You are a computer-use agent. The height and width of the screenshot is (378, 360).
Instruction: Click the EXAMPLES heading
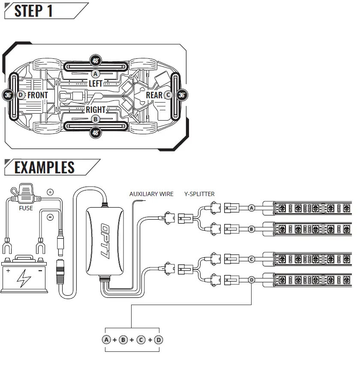(x=44, y=167)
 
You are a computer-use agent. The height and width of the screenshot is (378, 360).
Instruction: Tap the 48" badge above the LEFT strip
(x=96, y=60)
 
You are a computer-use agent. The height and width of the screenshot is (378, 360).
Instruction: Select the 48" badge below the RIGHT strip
(x=96, y=133)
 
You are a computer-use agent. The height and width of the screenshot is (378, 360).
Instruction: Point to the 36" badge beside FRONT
(x=8, y=95)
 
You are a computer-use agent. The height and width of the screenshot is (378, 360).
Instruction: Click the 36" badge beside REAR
(x=182, y=95)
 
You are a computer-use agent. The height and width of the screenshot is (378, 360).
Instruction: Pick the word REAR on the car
(x=154, y=95)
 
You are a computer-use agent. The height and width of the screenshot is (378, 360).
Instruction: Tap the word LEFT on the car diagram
(x=95, y=83)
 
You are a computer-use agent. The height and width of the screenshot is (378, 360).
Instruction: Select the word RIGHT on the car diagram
(x=96, y=110)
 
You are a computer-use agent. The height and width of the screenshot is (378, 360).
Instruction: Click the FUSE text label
(x=26, y=208)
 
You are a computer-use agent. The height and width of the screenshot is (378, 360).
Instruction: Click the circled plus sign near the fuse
(x=50, y=192)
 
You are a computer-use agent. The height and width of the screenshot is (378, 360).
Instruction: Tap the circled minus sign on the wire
(x=50, y=217)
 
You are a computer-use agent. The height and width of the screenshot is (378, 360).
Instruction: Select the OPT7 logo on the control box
(x=105, y=242)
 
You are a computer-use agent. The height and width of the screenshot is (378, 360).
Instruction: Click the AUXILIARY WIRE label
(x=151, y=194)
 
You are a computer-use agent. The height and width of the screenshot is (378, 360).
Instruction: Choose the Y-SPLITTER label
(x=199, y=194)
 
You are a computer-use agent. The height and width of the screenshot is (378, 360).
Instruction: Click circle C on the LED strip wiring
(x=252, y=259)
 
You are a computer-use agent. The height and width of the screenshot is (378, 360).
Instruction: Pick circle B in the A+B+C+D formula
(x=123, y=340)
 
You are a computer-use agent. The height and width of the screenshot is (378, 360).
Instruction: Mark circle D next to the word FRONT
(x=21, y=95)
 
